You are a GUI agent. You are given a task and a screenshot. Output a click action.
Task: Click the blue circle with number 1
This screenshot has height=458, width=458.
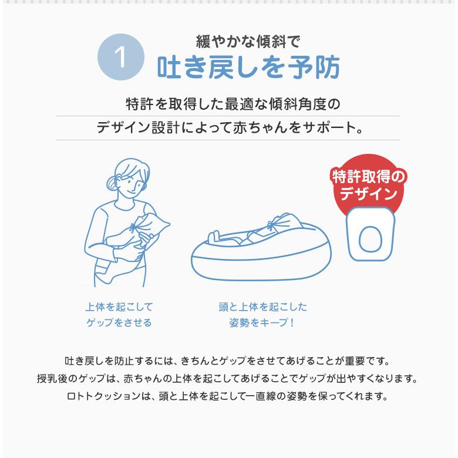[120, 58]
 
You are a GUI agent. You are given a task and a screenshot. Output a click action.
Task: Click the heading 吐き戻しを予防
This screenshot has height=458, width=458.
[248, 69]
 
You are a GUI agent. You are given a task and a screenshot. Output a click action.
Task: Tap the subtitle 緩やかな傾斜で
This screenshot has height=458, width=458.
[248, 42]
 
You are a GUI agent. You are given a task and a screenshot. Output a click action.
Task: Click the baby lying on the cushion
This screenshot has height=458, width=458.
[252, 235]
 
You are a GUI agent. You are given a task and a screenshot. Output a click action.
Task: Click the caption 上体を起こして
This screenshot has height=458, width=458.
[119, 307]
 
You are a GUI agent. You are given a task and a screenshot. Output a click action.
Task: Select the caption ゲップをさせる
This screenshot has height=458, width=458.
[119, 322]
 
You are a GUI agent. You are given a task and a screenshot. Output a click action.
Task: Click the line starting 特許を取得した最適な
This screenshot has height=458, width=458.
[233, 105]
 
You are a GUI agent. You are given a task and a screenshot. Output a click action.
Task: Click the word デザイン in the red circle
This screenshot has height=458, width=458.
[369, 193]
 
